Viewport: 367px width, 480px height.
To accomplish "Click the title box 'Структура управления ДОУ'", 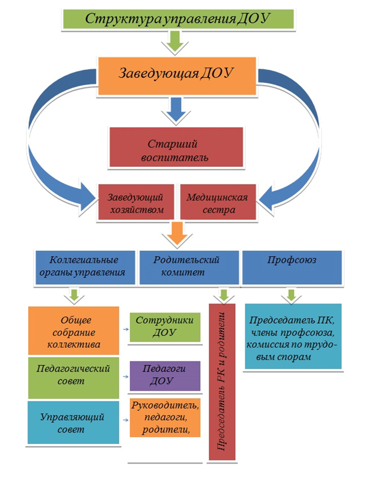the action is tap(178, 19).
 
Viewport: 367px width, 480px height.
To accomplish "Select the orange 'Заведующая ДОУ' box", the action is tap(177, 76).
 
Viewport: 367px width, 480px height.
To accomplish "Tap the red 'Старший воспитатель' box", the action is tap(176, 147).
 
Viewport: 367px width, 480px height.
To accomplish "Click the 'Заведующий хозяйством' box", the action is tap(136, 202).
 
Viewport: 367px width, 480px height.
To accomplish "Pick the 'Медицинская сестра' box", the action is tap(218, 202).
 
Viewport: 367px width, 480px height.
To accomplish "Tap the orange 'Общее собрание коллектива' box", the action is tap(74, 331).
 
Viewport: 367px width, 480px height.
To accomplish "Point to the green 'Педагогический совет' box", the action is tap(74, 378).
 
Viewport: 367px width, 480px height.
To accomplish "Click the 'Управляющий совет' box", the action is tap(74, 422).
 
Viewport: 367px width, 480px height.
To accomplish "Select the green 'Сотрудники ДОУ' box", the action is tap(165, 327).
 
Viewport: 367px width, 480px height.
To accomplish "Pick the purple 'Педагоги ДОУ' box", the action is tap(165, 376).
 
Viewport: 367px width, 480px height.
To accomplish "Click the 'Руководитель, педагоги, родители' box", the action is tap(165, 418).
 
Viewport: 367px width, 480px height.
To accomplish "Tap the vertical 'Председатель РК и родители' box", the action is tap(222, 382).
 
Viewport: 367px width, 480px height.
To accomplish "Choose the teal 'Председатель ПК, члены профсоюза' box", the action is tap(293, 336).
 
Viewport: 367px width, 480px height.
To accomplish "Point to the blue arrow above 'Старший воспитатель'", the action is tap(176, 111).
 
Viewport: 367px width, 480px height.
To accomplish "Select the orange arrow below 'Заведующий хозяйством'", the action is tap(177, 234).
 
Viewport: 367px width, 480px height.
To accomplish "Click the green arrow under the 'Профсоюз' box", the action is tap(291, 296).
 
